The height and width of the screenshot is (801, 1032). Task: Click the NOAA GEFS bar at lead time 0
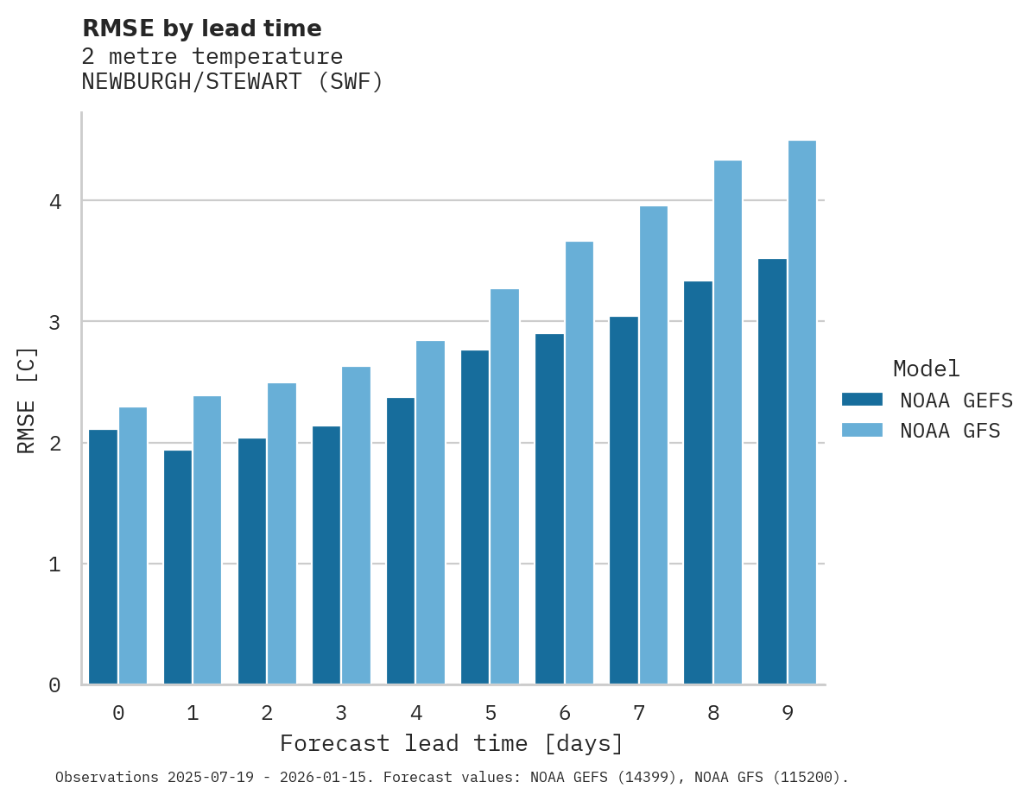coord(104,557)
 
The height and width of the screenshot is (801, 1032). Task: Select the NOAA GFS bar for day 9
coord(801,413)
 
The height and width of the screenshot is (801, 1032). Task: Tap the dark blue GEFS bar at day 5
coord(475,517)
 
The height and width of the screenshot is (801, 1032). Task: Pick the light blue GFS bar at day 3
coord(356,526)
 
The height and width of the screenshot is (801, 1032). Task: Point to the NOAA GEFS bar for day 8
coord(698,482)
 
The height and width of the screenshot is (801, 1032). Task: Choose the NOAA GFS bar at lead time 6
coord(579,463)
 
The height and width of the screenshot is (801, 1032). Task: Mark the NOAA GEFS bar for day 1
coord(178,567)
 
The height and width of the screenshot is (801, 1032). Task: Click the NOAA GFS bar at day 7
coord(653,445)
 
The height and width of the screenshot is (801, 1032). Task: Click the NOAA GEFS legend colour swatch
coord(862,400)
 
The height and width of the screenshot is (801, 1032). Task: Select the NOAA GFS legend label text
coord(950,431)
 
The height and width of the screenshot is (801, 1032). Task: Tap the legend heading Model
coord(926,369)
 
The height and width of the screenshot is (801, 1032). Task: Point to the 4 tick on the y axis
coord(54,202)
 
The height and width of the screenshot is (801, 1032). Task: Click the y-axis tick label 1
coord(54,564)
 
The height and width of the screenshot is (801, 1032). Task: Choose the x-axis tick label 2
coord(267,713)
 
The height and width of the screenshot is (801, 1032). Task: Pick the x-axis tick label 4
coord(415,713)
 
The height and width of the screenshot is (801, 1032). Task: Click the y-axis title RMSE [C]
coord(27,400)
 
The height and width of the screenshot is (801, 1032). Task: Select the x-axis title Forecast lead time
coord(451,743)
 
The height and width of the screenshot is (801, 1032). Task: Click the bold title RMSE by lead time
coord(201,28)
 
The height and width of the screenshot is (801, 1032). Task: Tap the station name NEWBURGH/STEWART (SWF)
coord(231,82)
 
